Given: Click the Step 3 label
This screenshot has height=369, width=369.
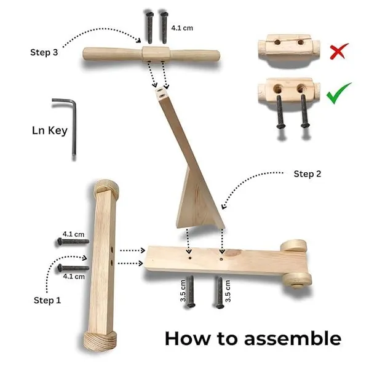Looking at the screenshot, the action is (x=44, y=52).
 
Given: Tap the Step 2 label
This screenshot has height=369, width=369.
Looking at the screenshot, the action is (x=307, y=174).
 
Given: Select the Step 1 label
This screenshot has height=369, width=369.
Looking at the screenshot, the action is (x=47, y=300).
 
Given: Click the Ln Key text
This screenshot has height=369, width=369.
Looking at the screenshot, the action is (x=50, y=130).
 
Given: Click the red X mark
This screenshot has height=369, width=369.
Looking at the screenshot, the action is (x=339, y=51).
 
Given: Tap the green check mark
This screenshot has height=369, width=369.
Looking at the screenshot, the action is (x=338, y=93).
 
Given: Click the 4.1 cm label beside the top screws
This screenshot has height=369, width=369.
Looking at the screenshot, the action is (x=182, y=28).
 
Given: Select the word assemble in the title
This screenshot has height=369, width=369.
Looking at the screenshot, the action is (x=293, y=339).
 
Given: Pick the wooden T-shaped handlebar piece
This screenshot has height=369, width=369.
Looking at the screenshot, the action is (x=151, y=54).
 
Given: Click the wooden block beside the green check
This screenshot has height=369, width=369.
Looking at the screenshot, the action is (x=289, y=90).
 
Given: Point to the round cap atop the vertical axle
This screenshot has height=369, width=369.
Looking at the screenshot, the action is (x=106, y=188).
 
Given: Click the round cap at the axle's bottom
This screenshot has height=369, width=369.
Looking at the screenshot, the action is (x=100, y=341).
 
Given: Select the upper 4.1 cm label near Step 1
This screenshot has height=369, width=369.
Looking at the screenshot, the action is (x=73, y=234).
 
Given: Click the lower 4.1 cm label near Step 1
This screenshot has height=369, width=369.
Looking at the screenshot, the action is (x=74, y=276).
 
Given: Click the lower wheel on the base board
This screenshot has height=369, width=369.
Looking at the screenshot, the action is (x=297, y=280).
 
